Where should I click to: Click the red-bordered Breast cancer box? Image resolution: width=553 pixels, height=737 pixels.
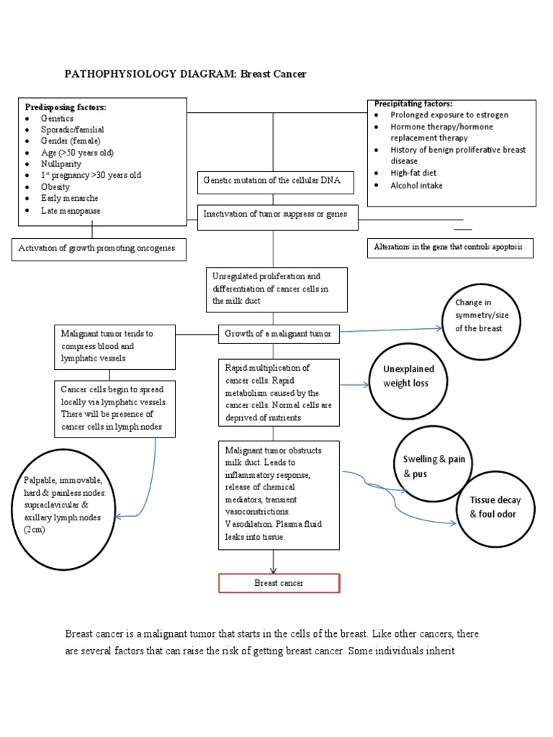tap(279, 583)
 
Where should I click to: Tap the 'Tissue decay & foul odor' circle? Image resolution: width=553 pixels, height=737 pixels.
tap(495, 507)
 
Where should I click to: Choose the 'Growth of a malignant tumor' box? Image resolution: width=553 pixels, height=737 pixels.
tap(278, 333)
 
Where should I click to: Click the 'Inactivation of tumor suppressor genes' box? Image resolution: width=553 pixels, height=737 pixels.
tap(277, 214)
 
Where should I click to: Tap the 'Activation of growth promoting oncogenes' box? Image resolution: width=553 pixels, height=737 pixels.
tap(99, 249)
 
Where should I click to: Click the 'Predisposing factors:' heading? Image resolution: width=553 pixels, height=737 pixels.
tap(66, 107)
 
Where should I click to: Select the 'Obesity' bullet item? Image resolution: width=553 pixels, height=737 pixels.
tap(55, 187)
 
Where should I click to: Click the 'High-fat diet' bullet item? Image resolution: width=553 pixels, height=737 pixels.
tap(413, 173)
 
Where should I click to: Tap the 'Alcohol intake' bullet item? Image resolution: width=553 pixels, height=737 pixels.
tap(416, 186)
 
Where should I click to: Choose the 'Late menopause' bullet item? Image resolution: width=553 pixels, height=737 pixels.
tap(70, 211)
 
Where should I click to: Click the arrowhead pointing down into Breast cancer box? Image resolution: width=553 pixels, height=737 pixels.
tap(273, 569)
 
